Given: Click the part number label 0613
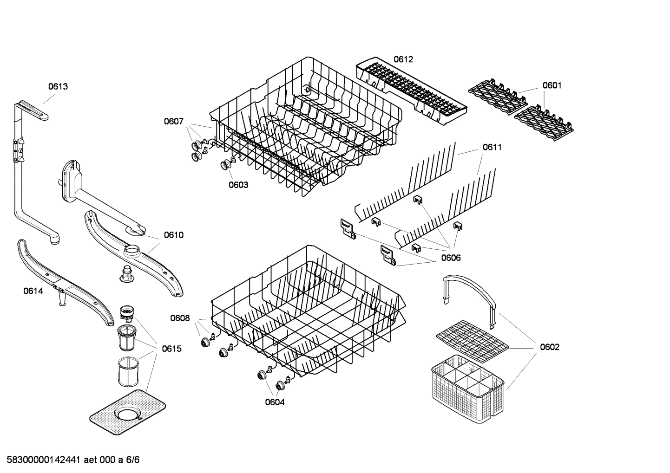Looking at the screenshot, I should pyautogui.click(x=58, y=86).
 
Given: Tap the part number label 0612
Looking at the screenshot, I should pyautogui.click(x=403, y=59).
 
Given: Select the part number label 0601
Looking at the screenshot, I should pyautogui.click(x=552, y=85).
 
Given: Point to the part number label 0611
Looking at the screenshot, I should pyautogui.click(x=492, y=147).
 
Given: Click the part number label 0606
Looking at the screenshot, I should pyautogui.click(x=451, y=258).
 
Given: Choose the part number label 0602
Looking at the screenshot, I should pyautogui.click(x=549, y=347).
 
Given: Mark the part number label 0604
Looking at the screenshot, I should pyautogui.click(x=275, y=402).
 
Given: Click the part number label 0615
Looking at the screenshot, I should pyautogui.click(x=171, y=349).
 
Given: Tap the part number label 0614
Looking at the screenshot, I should pyautogui.click(x=33, y=291).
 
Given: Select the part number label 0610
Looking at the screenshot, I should pyautogui.click(x=174, y=235).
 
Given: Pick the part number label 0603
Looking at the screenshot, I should pyautogui.click(x=238, y=185).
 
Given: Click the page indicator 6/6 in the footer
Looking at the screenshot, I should pyautogui.click(x=133, y=460).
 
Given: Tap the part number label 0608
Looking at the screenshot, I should pyautogui.click(x=180, y=318).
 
